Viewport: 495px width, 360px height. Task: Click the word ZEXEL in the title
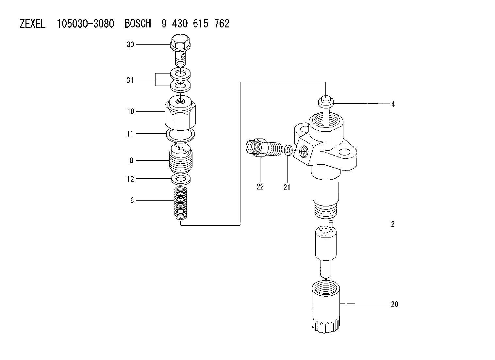tap(33, 24)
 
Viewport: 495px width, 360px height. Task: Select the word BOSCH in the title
tap(138, 24)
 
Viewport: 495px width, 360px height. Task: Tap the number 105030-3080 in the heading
tap(86, 24)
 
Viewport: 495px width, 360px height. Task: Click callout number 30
tap(130, 45)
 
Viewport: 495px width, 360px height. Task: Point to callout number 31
tap(130, 80)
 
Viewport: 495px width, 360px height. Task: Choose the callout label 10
tap(131, 111)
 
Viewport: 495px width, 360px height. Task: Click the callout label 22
tap(260, 187)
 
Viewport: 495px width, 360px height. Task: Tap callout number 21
tap(287, 188)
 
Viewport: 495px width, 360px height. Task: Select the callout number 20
tap(394, 304)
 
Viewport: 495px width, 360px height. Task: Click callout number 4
tap(393, 104)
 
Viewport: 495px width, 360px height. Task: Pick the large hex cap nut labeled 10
tap(180, 113)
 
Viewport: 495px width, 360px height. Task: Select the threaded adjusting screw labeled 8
tap(181, 158)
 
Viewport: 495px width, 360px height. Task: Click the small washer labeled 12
tap(181, 179)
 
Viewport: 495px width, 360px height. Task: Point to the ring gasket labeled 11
tap(180, 135)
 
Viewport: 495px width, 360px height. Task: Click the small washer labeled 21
tap(288, 150)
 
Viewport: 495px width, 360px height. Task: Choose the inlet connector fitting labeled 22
tap(264, 148)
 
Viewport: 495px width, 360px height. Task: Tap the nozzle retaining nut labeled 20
tap(326, 307)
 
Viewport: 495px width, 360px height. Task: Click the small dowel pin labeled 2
tap(331, 224)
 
